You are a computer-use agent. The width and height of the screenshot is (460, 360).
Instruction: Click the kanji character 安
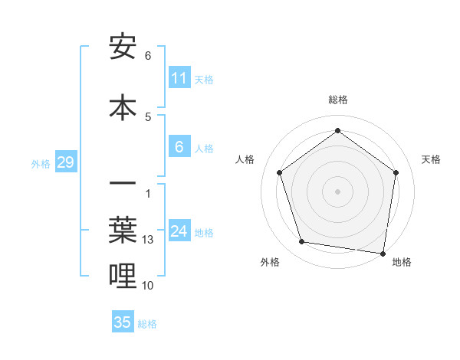point(123,47)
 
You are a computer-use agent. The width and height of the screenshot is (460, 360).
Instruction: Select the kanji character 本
point(123,107)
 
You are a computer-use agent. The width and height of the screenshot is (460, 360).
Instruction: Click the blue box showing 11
point(179,78)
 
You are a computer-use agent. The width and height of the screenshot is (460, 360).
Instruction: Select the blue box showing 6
point(179,147)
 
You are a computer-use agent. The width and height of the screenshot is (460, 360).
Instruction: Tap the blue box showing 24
point(179,231)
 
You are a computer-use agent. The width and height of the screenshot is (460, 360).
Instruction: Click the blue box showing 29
point(65,162)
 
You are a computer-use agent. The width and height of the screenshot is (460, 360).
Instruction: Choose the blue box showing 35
point(123,322)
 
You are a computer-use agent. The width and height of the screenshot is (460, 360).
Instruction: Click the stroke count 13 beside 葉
point(149,240)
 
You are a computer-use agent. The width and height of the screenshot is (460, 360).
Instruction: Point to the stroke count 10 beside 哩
point(149,286)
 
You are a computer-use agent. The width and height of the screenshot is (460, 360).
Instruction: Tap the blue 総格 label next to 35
point(147,324)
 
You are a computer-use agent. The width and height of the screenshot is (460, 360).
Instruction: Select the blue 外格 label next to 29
point(41,163)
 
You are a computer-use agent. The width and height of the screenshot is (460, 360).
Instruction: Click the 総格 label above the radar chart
point(338,100)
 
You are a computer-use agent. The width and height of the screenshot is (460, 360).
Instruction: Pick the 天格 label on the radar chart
point(431,159)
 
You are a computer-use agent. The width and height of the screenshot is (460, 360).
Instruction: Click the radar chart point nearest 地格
point(383,253)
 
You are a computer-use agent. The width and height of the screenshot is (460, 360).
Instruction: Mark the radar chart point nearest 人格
point(280,172)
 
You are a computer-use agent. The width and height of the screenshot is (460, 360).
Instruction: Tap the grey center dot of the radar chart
point(338,191)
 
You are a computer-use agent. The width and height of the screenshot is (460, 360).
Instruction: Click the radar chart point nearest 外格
point(302,242)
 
